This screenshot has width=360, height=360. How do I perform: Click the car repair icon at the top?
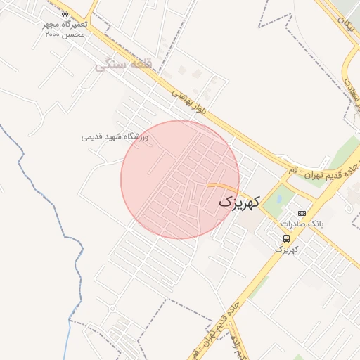point(65,13)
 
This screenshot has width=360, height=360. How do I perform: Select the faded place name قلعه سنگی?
point(115,65)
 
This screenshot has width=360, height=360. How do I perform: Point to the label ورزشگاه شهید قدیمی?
point(115,137)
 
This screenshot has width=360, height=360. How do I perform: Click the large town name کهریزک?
point(239,202)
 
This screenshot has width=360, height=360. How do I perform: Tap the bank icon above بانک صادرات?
point(302,213)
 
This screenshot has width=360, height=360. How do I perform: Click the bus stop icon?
point(285,238)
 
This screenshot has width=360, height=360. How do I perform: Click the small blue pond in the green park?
point(280,199)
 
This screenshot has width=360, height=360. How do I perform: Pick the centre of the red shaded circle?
point(180,179)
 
